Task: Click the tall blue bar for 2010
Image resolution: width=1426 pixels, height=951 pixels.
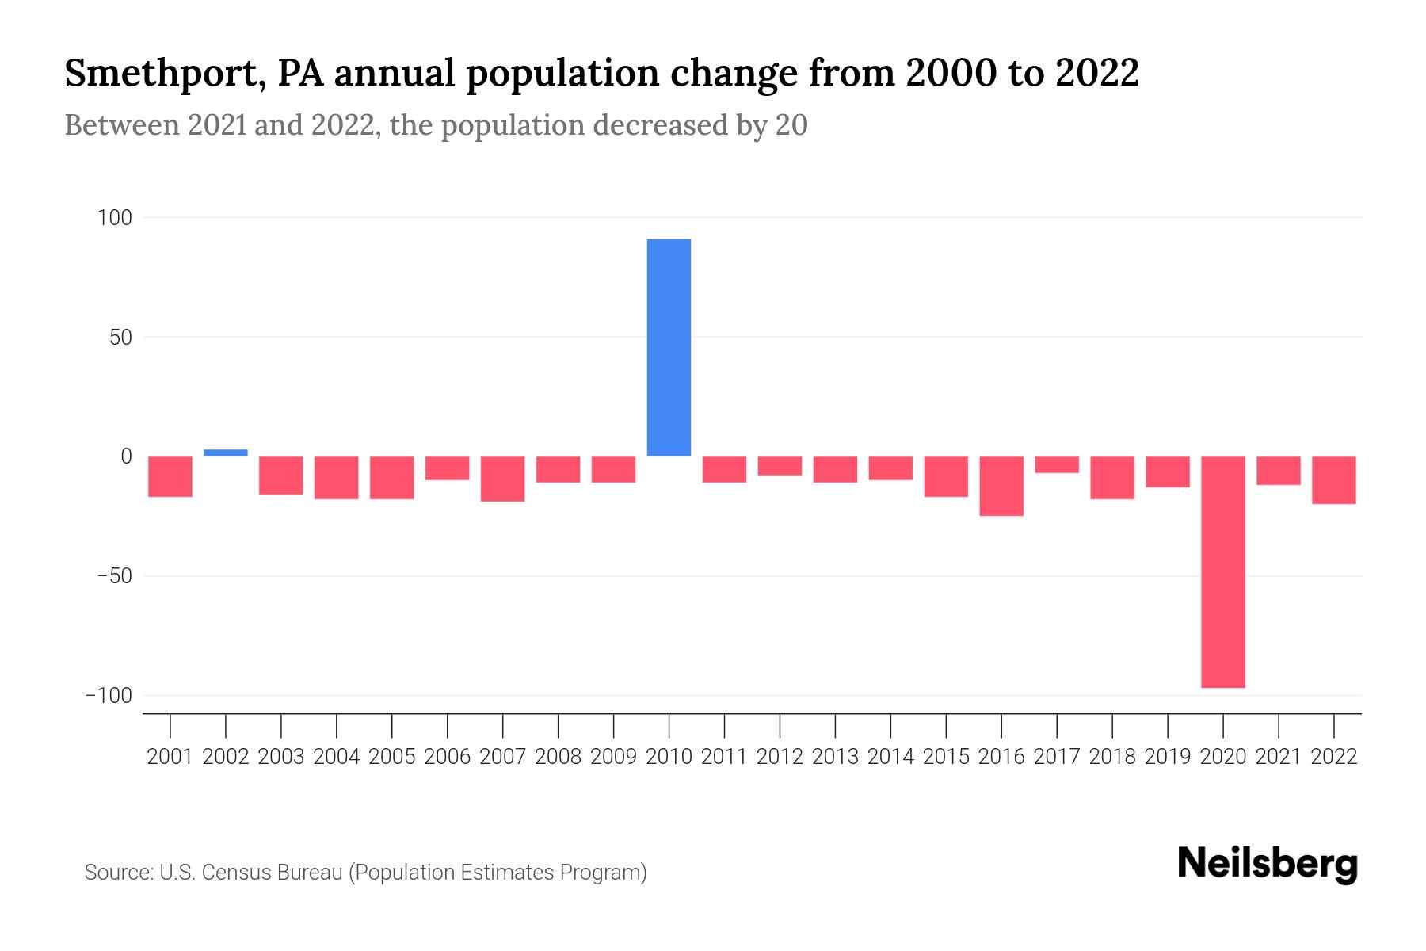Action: coord(669,347)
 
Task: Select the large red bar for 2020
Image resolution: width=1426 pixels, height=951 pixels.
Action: coord(1222,571)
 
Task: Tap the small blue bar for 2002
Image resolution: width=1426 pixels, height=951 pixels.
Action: coord(226,453)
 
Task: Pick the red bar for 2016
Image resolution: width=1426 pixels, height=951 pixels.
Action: coord(1001,486)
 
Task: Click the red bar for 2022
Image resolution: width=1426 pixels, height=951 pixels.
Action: coord(1333,479)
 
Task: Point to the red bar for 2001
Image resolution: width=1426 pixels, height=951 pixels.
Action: coord(170,476)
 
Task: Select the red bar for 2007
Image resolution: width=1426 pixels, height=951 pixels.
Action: coord(502,479)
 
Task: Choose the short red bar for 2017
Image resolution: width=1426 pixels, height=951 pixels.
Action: coord(1057,464)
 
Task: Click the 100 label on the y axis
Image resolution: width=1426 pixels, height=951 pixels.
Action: coord(115,217)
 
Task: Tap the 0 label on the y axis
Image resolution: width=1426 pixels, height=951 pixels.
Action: coord(126,456)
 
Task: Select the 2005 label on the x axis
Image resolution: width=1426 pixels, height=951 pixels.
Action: coord(392,757)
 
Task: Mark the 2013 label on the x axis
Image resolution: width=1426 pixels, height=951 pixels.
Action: coord(835,757)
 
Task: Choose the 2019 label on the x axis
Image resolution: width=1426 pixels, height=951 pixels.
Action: coord(1167,757)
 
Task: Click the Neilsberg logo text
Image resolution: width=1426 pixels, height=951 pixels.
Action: coord(1268,864)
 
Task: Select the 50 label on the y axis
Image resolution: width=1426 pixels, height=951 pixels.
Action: coord(120,337)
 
